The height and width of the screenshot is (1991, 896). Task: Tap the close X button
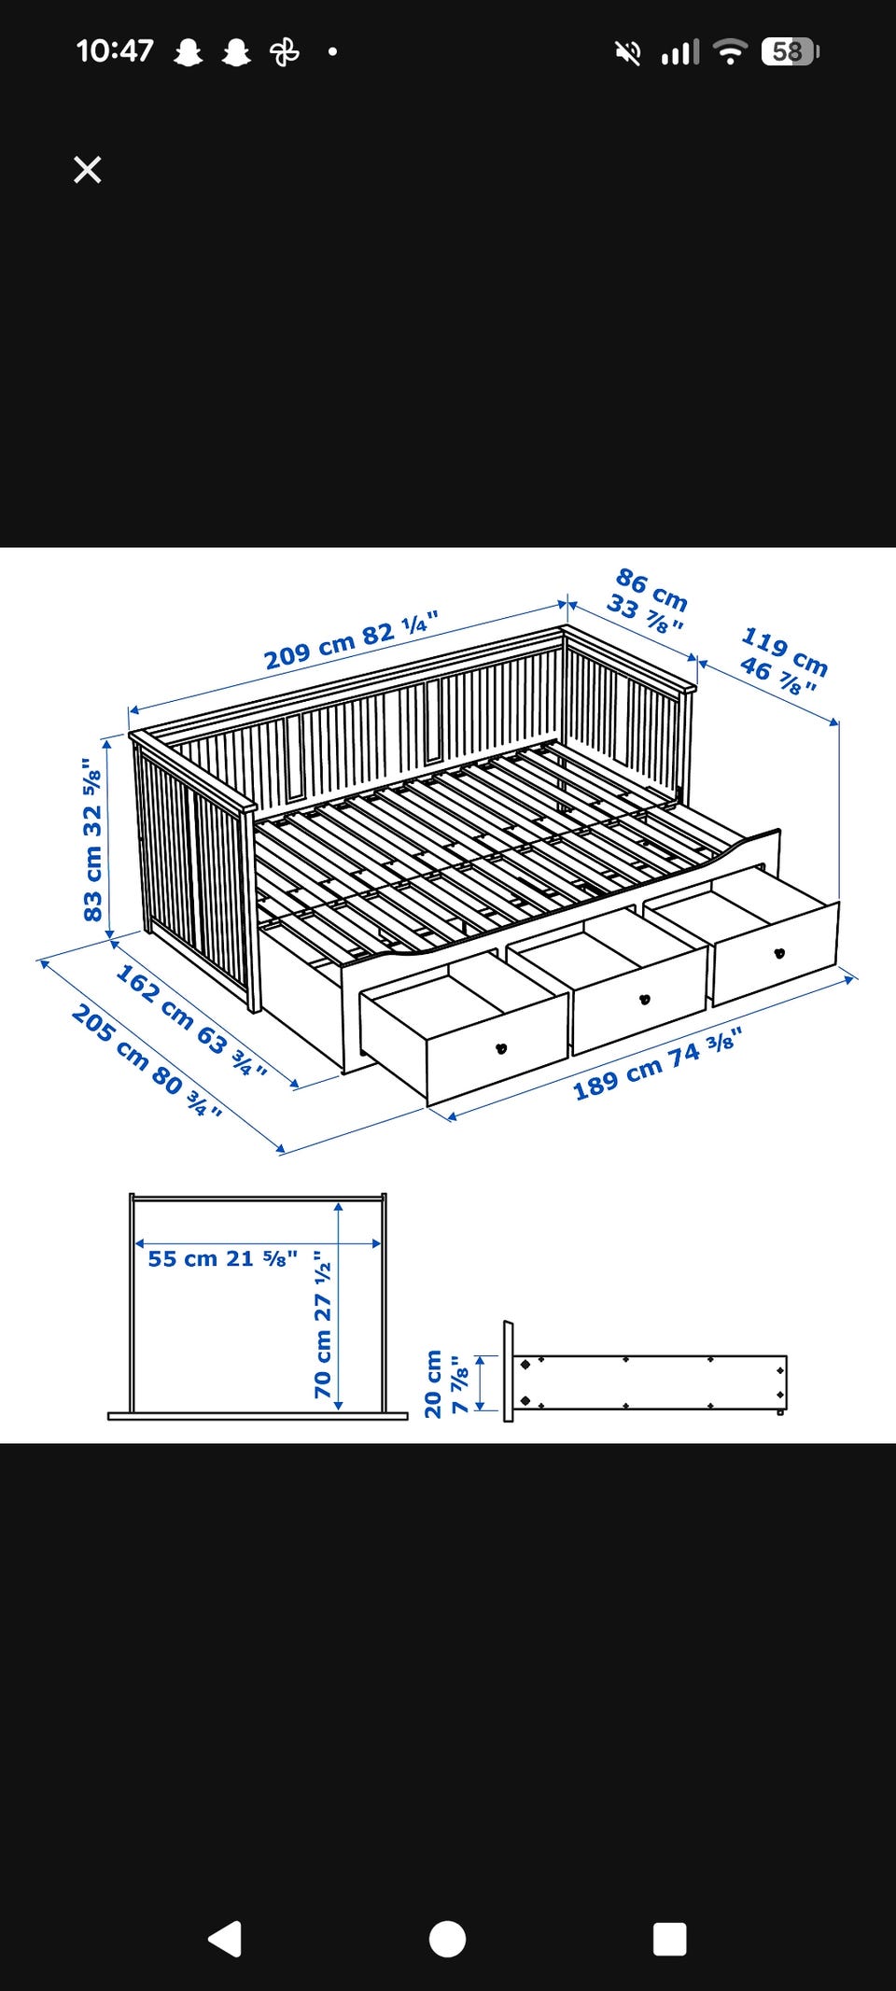point(88,170)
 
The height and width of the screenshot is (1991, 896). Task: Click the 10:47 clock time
point(115,50)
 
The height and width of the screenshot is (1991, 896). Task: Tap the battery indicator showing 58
point(790,51)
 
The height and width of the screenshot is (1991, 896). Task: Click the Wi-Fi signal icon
point(730,51)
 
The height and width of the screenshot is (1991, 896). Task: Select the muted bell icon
point(628,52)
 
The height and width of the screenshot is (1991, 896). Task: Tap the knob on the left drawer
point(501,1048)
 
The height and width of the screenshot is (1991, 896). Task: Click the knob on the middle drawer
point(644,1000)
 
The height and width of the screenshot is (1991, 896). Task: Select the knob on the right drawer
point(779,953)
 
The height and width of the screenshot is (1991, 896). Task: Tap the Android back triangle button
point(225,1939)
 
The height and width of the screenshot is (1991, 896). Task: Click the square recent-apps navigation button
point(670,1939)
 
